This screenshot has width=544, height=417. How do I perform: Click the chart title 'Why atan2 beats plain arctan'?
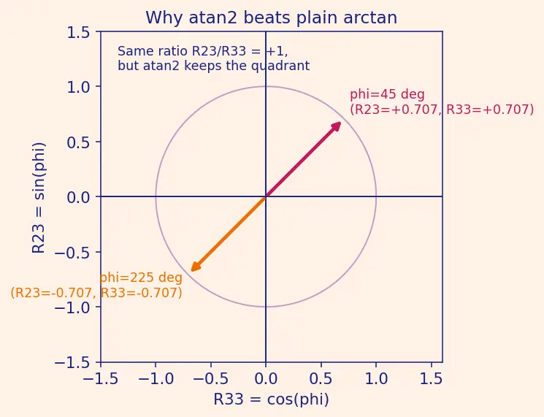(272, 18)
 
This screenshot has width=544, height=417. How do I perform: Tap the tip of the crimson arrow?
(341, 122)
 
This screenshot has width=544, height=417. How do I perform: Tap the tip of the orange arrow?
(191, 271)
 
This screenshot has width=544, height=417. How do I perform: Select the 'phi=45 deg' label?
(387, 94)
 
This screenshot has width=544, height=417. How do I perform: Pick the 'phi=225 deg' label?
(141, 278)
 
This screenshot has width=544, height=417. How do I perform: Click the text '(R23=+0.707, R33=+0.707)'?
(442, 110)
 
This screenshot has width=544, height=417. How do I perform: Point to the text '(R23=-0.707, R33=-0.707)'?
(96, 293)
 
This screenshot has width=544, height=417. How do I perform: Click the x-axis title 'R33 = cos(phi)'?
(272, 399)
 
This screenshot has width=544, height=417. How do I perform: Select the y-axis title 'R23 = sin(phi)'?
(38, 198)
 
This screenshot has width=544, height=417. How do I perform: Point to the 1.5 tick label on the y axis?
(78, 33)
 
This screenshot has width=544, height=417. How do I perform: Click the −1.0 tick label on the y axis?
(72, 307)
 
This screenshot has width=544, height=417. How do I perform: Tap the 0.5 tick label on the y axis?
(78, 142)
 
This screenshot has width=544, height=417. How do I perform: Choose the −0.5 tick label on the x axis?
(210, 378)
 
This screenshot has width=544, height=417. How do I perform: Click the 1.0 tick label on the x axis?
(377, 378)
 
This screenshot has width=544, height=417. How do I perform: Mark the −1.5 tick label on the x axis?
(101, 378)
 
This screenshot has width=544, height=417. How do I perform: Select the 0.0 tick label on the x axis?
(266, 378)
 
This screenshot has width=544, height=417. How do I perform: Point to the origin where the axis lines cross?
(266, 196)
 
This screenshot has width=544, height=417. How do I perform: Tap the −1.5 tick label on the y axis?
(72, 362)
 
